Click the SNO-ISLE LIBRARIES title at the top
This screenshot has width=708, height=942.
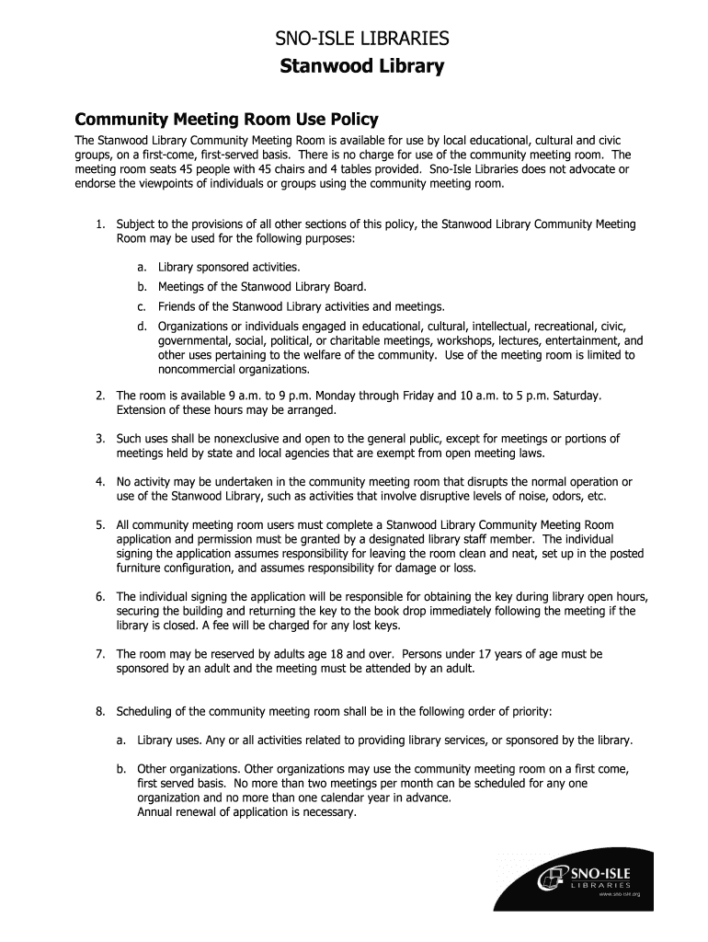[x=363, y=39]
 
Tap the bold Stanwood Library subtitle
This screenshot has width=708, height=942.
[x=363, y=67]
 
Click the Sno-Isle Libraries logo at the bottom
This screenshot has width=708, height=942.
[x=593, y=878]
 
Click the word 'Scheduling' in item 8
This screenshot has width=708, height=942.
[x=148, y=712]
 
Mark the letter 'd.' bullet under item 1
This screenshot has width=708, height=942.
[x=143, y=327]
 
